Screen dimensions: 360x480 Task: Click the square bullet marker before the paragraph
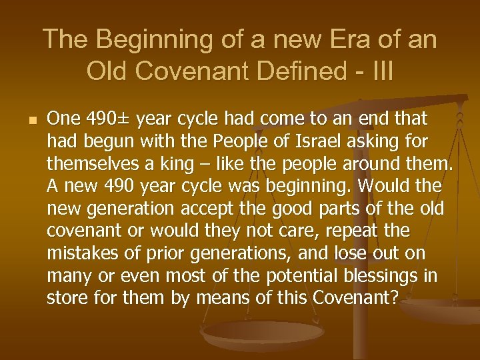tap(26, 120)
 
